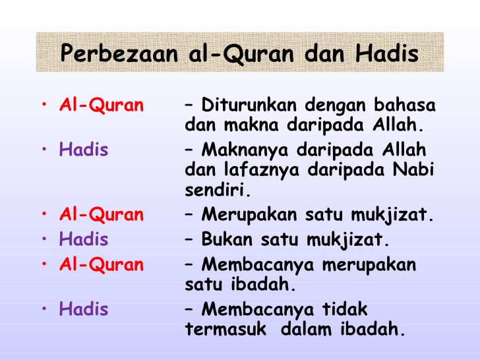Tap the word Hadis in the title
[388, 53]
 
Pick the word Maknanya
[245, 150]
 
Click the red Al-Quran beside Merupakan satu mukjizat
[101, 214]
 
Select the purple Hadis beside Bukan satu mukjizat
[83, 239]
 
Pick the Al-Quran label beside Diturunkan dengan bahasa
[101, 105]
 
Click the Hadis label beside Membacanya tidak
[83, 309]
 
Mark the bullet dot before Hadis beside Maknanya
[44, 150]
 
